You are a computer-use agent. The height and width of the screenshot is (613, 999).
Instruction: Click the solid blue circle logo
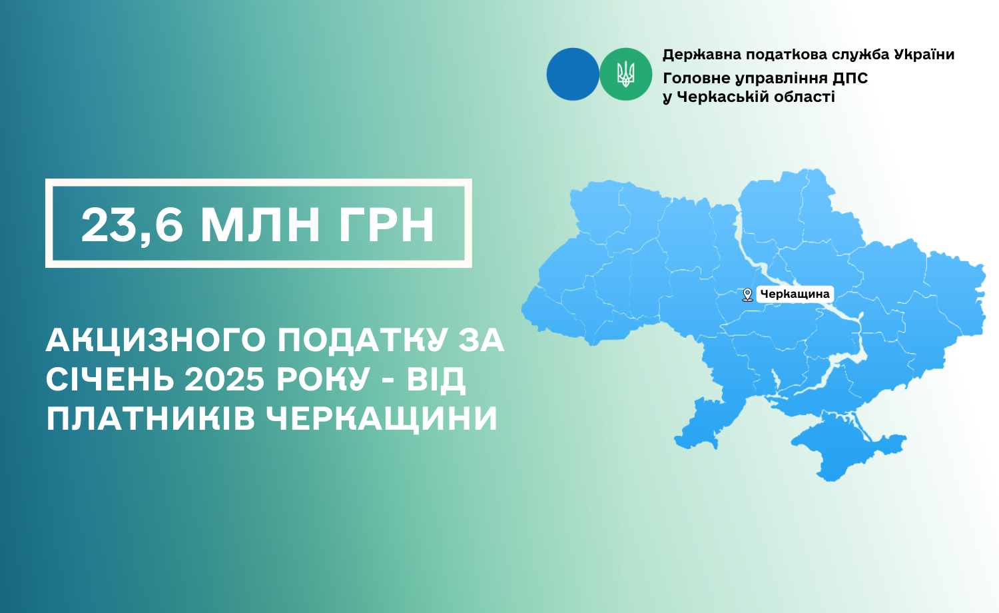click(x=573, y=74)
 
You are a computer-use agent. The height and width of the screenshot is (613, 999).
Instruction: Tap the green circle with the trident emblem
click(x=626, y=74)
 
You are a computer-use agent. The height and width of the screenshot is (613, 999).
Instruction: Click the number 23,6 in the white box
click(x=132, y=226)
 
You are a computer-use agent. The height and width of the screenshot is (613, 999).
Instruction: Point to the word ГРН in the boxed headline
click(x=386, y=225)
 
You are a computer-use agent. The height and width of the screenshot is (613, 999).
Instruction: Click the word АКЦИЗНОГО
click(x=156, y=341)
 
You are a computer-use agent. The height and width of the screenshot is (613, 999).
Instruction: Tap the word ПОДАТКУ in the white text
click(x=362, y=341)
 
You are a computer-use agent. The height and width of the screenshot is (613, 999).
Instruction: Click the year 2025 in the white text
click(x=225, y=379)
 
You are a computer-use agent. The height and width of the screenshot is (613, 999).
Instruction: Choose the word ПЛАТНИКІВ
click(x=151, y=419)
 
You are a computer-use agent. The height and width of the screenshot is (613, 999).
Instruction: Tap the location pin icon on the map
click(x=747, y=295)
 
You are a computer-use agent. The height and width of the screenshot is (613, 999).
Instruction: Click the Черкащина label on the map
click(x=795, y=294)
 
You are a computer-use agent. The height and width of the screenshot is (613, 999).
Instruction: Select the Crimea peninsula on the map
click(x=844, y=446)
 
